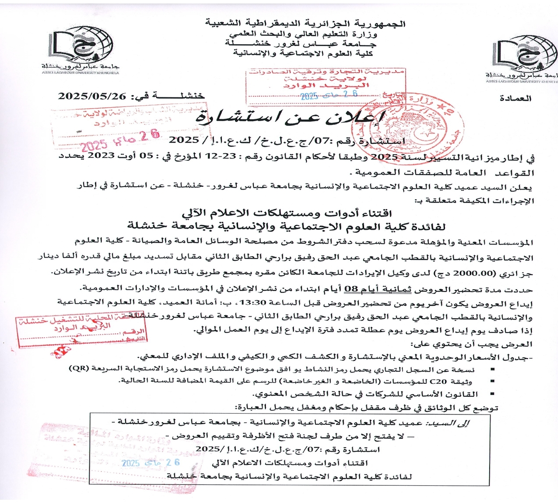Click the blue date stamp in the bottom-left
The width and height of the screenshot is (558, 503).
click(150, 462)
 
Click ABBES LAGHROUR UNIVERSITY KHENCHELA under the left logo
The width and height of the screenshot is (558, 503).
click(80, 73)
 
